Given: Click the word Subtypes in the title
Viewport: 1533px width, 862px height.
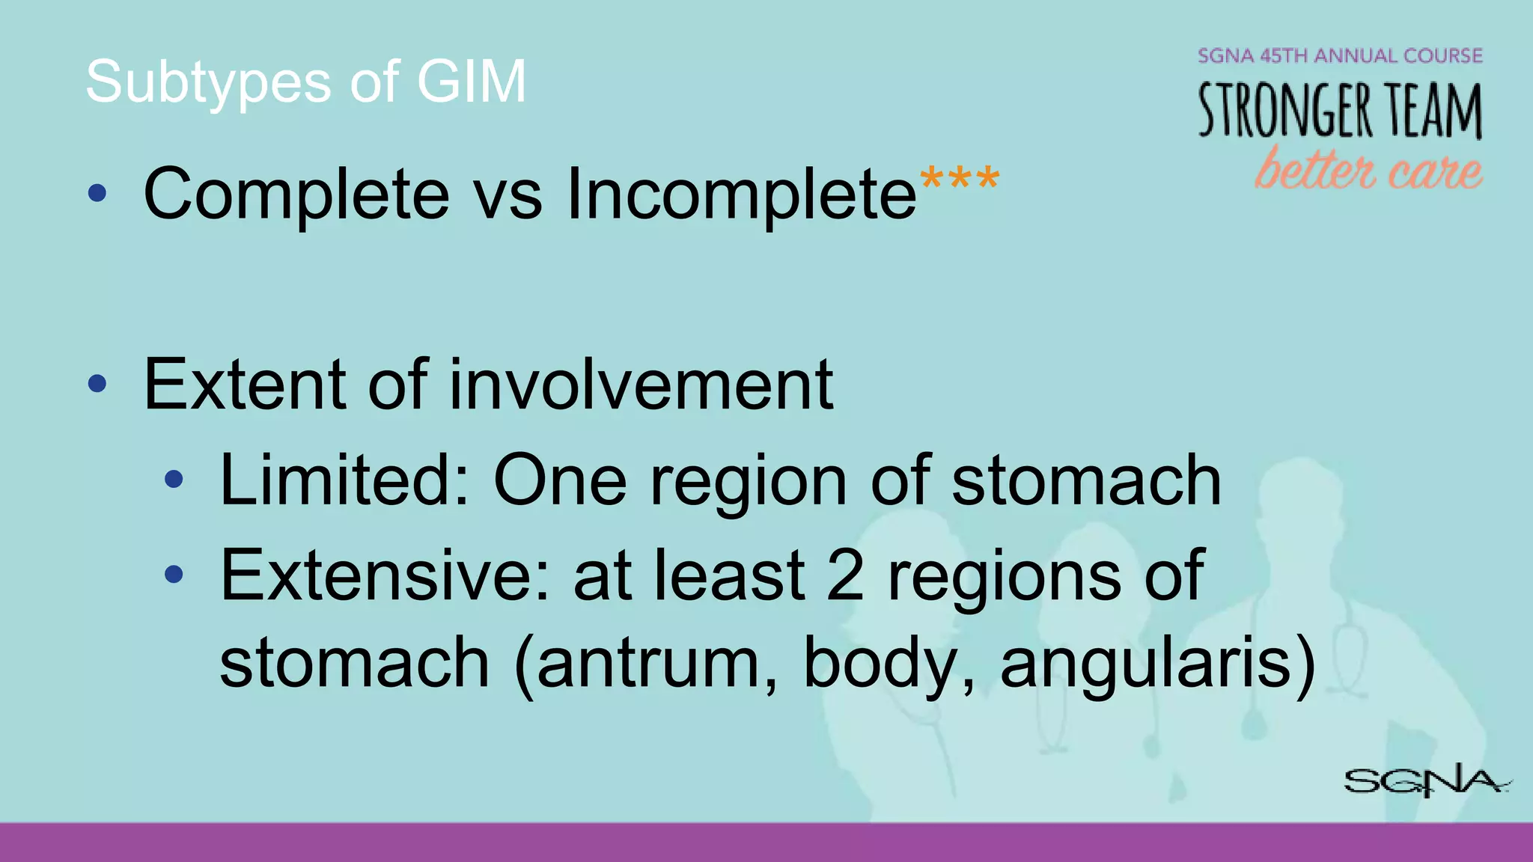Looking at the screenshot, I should click(208, 82).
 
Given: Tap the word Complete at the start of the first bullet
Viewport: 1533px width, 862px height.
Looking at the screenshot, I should click(296, 195).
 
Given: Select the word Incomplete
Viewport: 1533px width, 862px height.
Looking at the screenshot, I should click(741, 195).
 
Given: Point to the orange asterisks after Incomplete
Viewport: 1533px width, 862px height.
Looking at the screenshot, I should click(960, 180).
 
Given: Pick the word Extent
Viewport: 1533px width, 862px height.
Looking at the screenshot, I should click(244, 385).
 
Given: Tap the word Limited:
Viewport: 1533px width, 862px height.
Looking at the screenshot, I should click(344, 480).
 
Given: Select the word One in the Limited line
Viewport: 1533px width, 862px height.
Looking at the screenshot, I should click(560, 480).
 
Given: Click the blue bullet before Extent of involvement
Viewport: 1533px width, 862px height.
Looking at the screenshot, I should click(97, 385).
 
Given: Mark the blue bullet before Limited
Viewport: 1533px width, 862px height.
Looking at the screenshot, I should click(174, 480).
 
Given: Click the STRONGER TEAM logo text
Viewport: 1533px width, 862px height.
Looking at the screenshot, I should click(1340, 111).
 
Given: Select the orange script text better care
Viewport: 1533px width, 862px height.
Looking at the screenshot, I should click(1368, 169).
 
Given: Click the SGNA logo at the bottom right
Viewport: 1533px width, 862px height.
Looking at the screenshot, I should click(1427, 781).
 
